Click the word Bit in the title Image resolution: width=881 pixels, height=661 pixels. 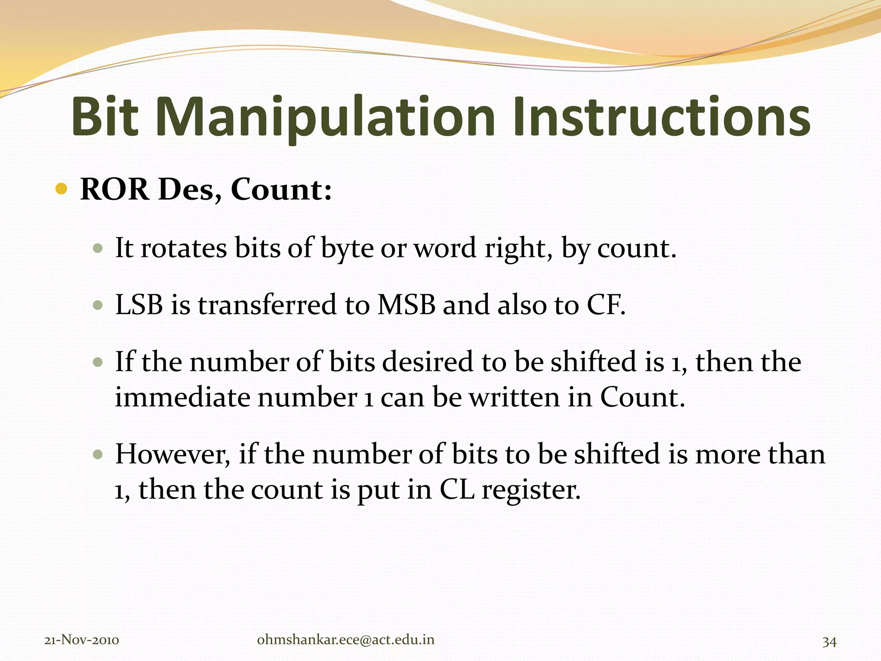click(x=105, y=117)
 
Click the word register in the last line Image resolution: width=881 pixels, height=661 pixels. click(x=531, y=491)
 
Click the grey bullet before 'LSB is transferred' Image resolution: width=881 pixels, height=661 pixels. click(x=99, y=306)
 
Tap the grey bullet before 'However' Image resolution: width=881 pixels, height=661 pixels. click(x=99, y=455)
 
